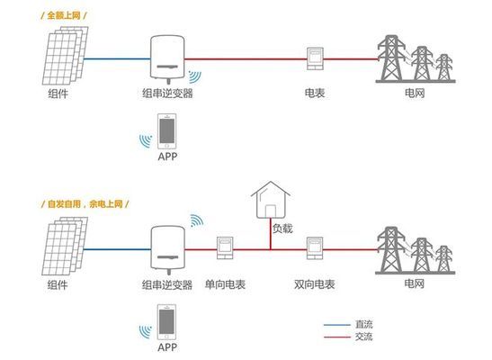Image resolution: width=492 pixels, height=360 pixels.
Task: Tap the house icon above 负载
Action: [271, 199]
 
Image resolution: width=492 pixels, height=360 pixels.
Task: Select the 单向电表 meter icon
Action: [225, 247]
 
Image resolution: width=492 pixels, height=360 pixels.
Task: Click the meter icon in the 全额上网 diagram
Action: [315, 56]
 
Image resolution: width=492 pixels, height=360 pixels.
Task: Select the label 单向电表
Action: [226, 283]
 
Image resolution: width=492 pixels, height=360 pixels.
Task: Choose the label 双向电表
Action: [315, 283]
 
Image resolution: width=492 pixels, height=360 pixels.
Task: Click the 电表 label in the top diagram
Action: [315, 93]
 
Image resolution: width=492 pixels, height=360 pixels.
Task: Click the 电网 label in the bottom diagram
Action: [414, 283]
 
